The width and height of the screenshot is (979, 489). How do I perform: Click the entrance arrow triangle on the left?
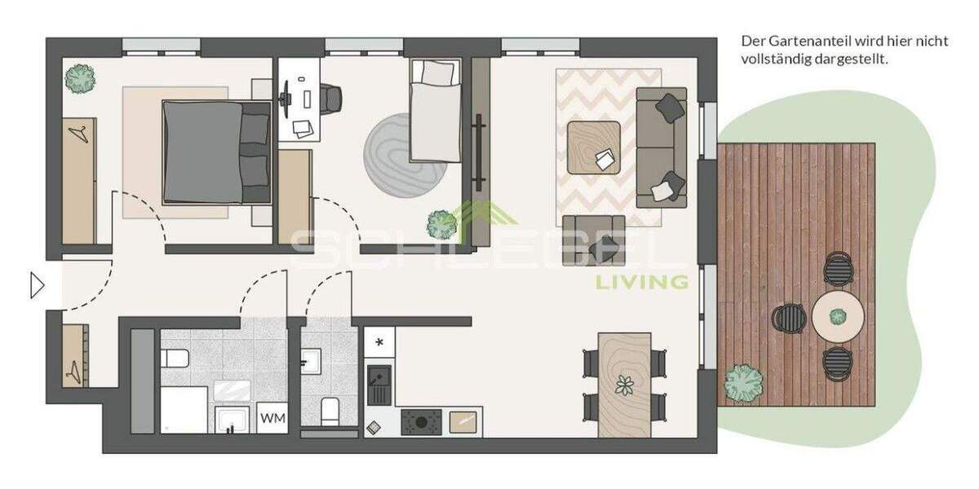[x=37, y=285]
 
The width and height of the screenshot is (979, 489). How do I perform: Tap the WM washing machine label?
[x=272, y=419]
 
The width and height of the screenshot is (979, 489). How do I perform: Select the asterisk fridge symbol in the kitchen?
[x=379, y=342]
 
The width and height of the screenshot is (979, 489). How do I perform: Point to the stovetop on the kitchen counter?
[x=423, y=422]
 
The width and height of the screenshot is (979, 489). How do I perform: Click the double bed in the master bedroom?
[x=215, y=152]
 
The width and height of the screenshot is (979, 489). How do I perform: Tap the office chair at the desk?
[x=330, y=98]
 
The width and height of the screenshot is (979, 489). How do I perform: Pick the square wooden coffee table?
[x=594, y=147]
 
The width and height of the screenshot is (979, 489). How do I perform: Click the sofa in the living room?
[x=661, y=147]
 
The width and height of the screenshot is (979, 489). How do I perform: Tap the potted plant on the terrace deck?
[x=743, y=380]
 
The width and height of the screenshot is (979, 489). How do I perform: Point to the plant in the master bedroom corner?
[x=80, y=78]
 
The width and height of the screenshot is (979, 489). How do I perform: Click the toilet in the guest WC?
[x=330, y=411]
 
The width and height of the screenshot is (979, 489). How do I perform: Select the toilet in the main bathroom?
[x=175, y=357]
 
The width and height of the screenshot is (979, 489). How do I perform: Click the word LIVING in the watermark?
[x=641, y=283]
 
